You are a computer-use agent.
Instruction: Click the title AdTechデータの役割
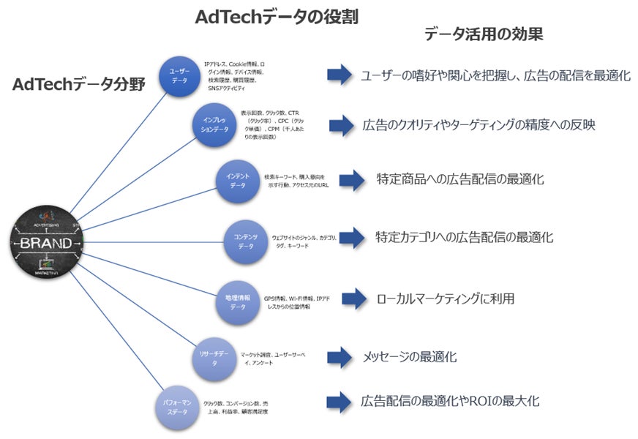[277, 17]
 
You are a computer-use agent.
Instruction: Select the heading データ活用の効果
[484, 34]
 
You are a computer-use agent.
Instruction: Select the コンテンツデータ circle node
[246, 241]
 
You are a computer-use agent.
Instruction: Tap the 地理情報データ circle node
[238, 301]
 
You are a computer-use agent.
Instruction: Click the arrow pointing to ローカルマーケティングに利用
[353, 299]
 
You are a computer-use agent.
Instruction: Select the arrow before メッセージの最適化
[340, 357]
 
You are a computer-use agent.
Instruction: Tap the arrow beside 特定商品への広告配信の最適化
[352, 179]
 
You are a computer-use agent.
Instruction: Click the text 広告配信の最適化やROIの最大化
[450, 401]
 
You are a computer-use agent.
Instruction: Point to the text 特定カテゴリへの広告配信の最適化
[464, 237]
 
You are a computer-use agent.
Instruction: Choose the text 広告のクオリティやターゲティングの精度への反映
[478, 125]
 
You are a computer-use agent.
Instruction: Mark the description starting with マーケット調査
[273, 359]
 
